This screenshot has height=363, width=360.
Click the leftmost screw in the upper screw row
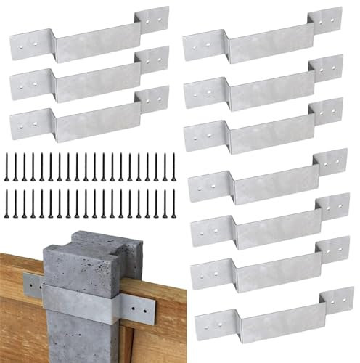(7, 167)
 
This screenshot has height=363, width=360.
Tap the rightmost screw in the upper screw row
(173, 167)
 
